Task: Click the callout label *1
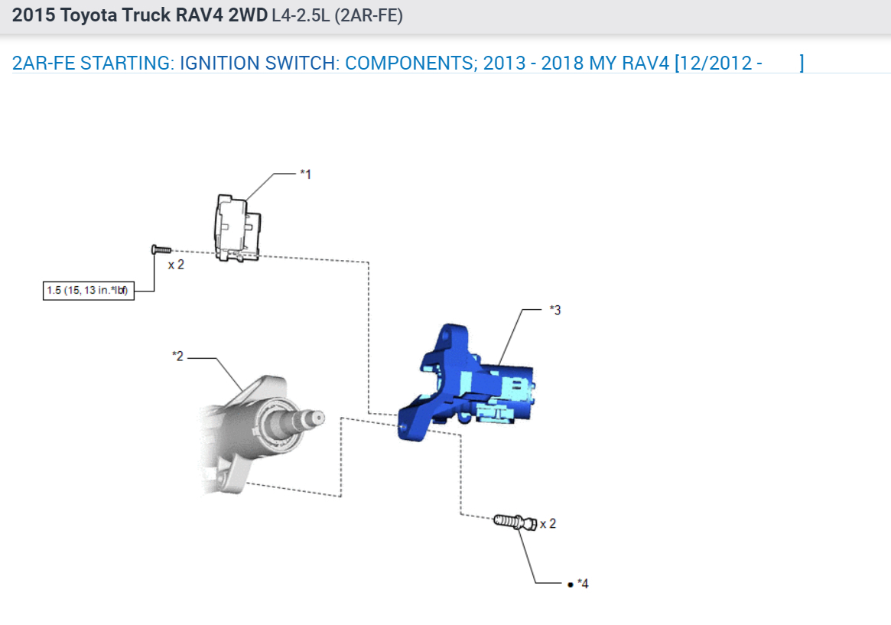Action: pyautogui.click(x=306, y=174)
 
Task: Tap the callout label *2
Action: pyautogui.click(x=178, y=356)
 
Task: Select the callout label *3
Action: pyautogui.click(x=555, y=311)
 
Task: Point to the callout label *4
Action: pyautogui.click(x=583, y=584)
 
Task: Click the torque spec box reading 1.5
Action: pyautogui.click(x=89, y=291)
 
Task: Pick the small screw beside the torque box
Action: pyautogui.click(x=161, y=249)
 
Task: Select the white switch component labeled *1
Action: pyautogui.click(x=237, y=228)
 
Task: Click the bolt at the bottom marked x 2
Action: pyautogui.click(x=515, y=522)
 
